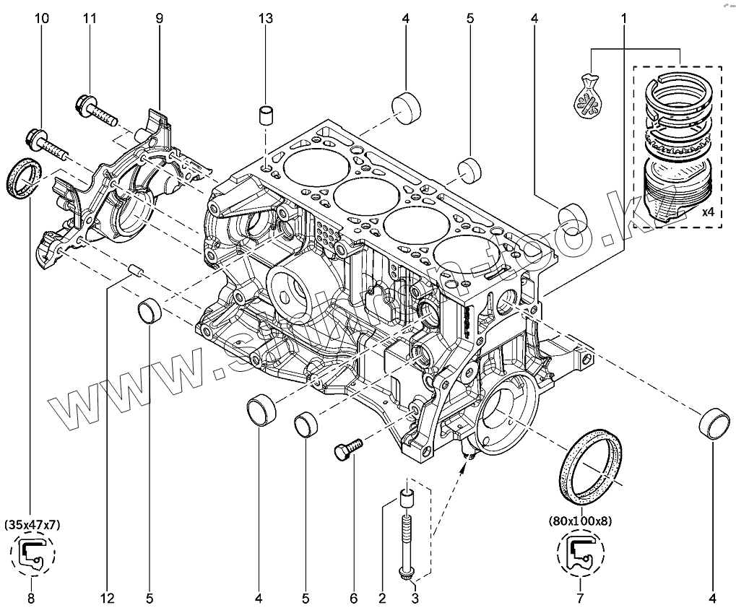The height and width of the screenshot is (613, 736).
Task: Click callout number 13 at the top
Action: pos(267,19)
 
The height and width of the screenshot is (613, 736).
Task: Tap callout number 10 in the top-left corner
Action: pos(43,19)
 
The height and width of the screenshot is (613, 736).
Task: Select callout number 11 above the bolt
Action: pos(90,19)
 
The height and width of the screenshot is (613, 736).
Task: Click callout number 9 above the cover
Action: pos(160,19)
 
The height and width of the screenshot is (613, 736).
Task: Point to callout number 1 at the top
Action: pos(624,19)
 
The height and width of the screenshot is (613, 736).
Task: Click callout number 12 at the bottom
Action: pos(107,598)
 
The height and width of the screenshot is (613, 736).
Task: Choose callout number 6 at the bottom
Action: pos(354,598)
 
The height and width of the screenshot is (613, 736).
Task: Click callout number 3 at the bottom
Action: pos(415,598)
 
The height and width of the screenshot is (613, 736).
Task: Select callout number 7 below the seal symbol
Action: pos(580,598)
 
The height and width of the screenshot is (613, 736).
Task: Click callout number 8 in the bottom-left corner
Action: pos(30,598)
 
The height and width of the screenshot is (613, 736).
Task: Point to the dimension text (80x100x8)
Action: pos(580,520)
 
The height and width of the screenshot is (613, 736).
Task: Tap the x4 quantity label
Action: pos(709,214)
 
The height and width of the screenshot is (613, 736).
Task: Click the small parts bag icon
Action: pos(589,97)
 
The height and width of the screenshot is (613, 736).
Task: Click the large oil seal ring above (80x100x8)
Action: pos(591,466)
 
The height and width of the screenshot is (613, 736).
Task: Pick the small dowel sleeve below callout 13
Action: pos(267,116)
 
